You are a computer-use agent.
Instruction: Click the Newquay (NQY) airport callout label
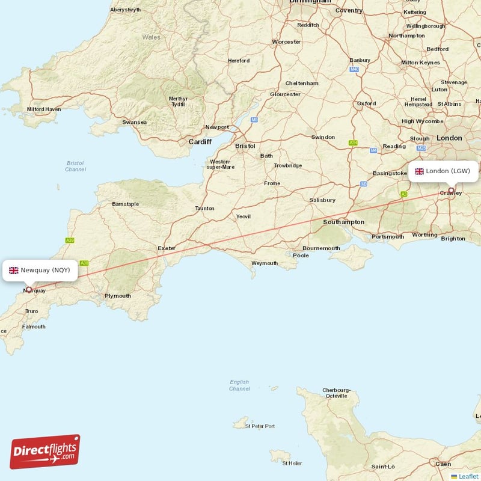tap(40, 271)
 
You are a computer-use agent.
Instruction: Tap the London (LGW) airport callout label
tap(443, 171)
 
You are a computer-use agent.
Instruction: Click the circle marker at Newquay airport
tap(29, 289)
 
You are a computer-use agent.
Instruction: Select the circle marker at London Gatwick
tap(451, 191)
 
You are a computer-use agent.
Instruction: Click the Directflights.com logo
tap(45, 452)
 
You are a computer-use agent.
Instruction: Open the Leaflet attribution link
tap(468, 476)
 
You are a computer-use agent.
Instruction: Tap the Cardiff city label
tap(200, 142)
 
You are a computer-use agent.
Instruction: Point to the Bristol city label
tap(245, 146)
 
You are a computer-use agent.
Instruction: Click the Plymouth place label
tap(118, 296)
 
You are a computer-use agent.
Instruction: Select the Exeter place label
tap(167, 248)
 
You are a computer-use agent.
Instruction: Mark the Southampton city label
tap(343, 222)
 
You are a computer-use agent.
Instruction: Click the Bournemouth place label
tap(322, 248)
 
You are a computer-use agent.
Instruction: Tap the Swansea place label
tap(134, 122)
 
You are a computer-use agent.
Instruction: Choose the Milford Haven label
tap(44, 109)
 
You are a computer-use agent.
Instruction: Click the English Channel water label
tap(239, 385)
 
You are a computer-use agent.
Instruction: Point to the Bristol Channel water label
tap(75, 166)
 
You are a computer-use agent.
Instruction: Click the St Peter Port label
tap(262, 426)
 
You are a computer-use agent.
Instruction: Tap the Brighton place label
tap(453, 239)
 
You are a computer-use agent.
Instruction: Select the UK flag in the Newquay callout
tap(13, 271)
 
